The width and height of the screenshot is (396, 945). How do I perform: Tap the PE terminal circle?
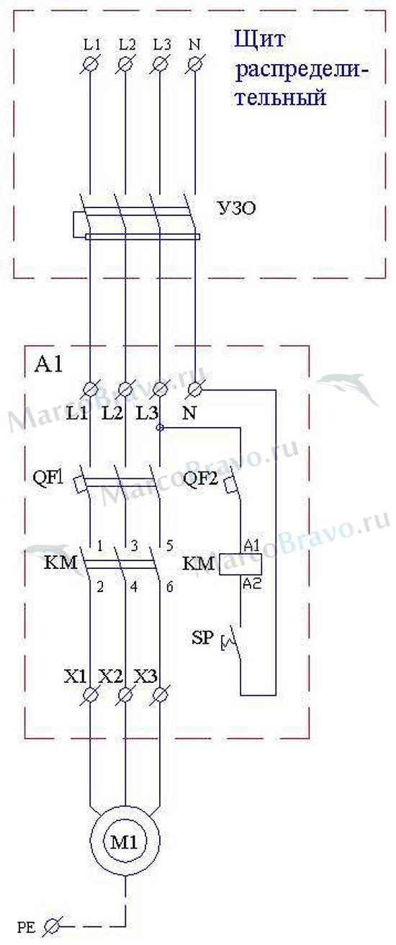click(53, 926)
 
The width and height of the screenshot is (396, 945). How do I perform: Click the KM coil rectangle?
click(240, 564)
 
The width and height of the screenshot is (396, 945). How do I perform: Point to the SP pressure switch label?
click(203, 637)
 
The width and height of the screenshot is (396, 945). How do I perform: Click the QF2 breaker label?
click(201, 479)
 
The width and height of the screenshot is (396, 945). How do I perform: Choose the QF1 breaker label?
click(48, 478)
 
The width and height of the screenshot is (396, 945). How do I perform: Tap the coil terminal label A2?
click(253, 584)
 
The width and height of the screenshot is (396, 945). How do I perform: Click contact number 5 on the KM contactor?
click(169, 546)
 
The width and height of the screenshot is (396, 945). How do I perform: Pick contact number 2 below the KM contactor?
click(100, 587)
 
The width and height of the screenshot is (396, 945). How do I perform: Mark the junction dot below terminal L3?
click(160, 428)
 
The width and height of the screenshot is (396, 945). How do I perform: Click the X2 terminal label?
click(110, 676)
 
